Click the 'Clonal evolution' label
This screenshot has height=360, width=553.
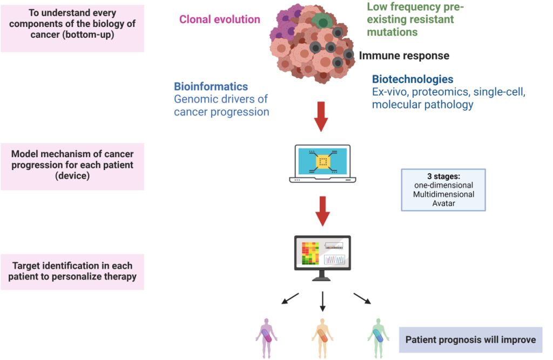pyautogui.click(x=219, y=19)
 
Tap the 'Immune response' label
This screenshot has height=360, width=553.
pyautogui.click(x=404, y=56)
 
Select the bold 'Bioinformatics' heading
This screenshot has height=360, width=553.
pyautogui.click(x=211, y=86)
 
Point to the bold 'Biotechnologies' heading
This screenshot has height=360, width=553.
pyautogui.click(x=413, y=79)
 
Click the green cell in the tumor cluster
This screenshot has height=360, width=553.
pyautogui.click(x=322, y=21)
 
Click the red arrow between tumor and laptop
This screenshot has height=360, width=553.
pyautogui.click(x=321, y=117)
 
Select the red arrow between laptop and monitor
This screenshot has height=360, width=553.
pyautogui.click(x=322, y=211)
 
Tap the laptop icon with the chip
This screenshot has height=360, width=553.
pyautogui.click(x=322, y=163)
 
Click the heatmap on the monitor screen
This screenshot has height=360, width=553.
pyautogui.click(x=311, y=253)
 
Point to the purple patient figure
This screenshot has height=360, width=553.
pyautogui.click(x=267, y=338)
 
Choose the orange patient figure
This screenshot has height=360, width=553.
pyautogui.click(x=322, y=338)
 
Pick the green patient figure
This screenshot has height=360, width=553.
pyautogui.click(x=379, y=338)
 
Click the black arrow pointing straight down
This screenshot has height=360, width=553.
pyautogui.click(x=322, y=302)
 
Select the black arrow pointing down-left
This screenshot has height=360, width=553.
pyautogui.click(x=290, y=298)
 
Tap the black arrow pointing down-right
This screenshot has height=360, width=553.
pyautogui.click(x=362, y=298)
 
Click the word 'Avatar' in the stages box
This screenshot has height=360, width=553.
pyautogui.click(x=444, y=203)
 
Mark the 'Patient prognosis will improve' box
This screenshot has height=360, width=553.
pyautogui.click(x=470, y=340)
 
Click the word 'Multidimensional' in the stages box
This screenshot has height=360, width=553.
pyautogui.click(x=444, y=194)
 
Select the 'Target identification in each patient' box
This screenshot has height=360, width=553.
pyautogui.click(x=72, y=271)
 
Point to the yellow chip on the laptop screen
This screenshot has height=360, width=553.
pyautogui.click(x=323, y=162)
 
